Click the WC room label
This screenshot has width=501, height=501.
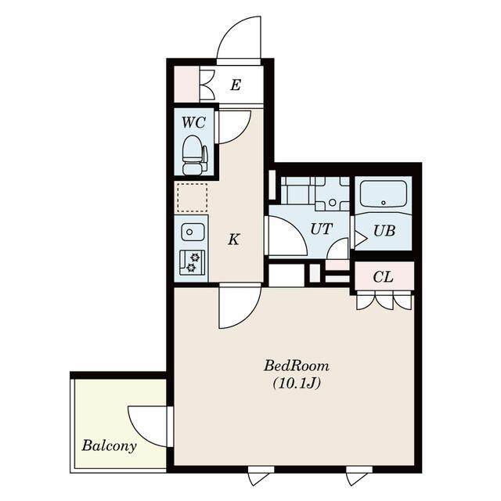coord(193,122)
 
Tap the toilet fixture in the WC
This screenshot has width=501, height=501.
coord(194,155)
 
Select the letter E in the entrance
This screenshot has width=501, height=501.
coord(236,85)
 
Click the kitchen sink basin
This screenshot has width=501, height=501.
coord(193,232)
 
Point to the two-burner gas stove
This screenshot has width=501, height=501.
coord(191,262)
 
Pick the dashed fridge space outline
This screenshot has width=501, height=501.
coord(193,197)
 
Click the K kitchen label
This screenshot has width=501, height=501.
coord(234,239)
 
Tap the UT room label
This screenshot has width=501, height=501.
coord(321,229)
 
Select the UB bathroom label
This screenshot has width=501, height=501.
coord(384,231)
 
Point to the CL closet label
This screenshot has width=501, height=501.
coord(383,277)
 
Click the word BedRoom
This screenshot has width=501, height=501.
coord(296,366)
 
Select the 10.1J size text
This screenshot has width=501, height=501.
coord(296,383)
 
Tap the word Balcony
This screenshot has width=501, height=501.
coord(109,445)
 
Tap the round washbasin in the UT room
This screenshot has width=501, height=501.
coord(332,202)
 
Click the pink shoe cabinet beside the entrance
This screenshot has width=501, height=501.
coord(186,84)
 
